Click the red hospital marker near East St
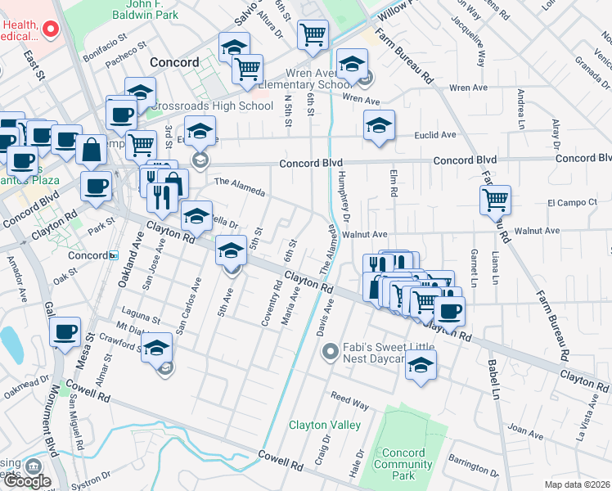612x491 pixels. pos(50,30)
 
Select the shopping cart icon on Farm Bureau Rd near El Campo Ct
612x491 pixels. pos(495,199)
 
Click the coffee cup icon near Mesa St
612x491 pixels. pos(65,332)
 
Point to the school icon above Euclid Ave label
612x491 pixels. pos(379,125)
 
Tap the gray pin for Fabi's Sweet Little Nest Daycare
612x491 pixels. pos(331,352)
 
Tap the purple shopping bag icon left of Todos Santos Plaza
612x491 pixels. pos(91,150)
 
